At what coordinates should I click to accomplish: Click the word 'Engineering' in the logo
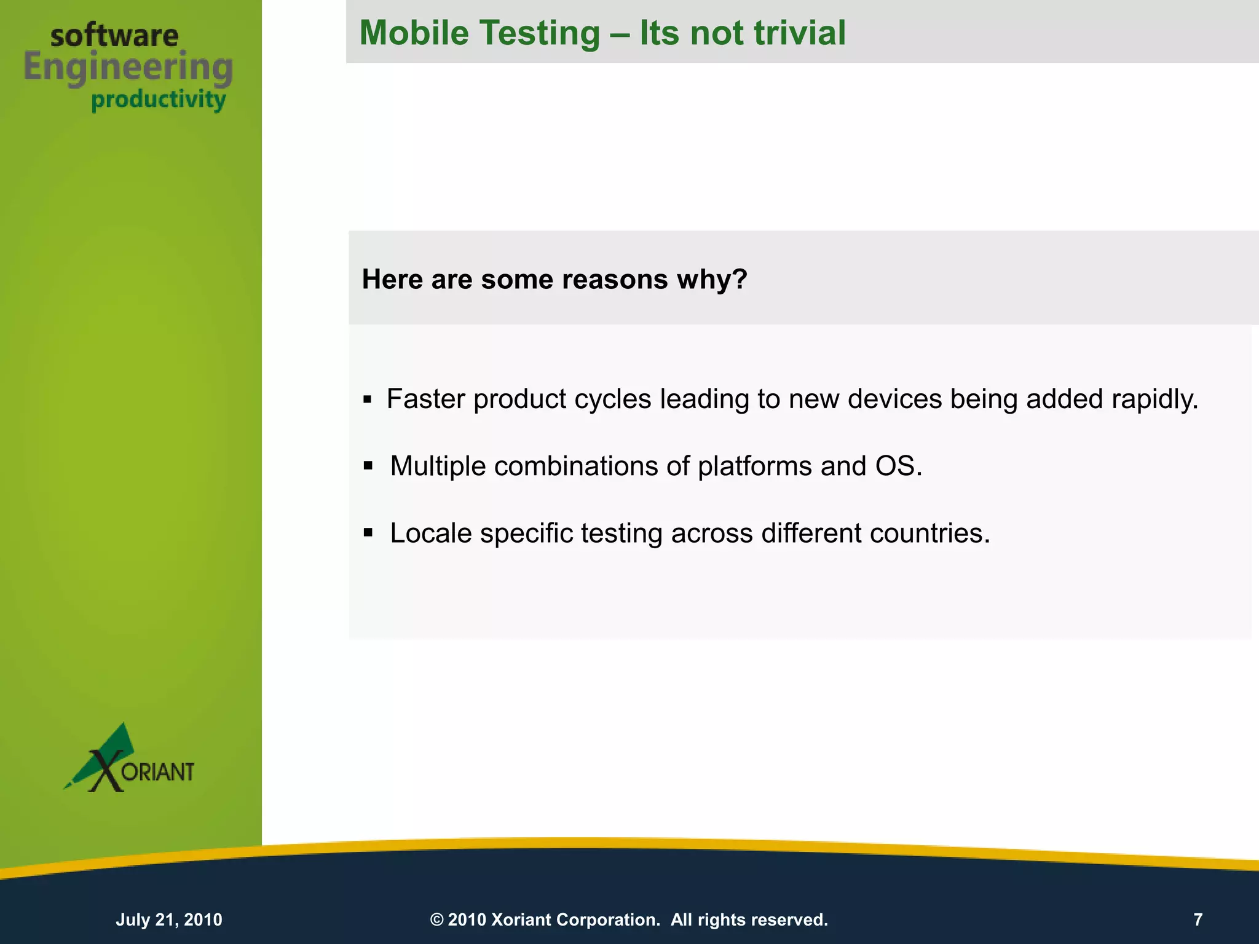[128, 68]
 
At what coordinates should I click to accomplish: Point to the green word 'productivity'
[159, 100]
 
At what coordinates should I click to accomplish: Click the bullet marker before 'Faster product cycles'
[368, 400]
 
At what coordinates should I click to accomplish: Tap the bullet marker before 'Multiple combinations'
[368, 466]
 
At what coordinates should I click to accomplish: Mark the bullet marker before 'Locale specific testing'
[368, 532]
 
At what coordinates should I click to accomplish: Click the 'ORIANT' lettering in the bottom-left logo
[158, 772]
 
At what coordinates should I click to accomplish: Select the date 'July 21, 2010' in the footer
[169, 919]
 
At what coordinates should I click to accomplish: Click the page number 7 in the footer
[1198, 919]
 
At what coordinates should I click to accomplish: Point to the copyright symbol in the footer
[436, 920]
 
